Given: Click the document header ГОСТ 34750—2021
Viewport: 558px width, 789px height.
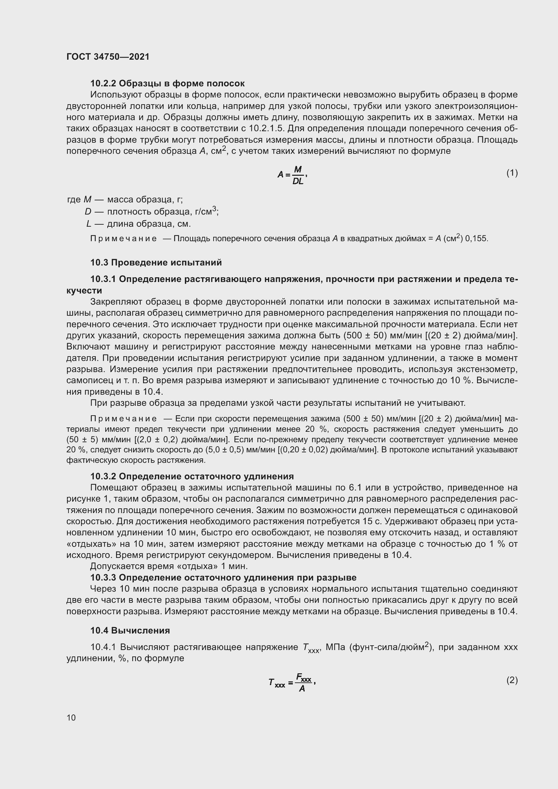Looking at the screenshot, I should (x=108, y=57).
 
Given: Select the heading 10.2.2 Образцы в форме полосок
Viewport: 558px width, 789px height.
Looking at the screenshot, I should (x=167, y=83).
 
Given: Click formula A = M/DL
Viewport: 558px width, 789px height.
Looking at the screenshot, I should (x=292, y=175).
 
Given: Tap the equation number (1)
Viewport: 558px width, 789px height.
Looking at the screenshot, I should (x=512, y=173).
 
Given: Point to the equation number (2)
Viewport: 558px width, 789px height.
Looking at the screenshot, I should (x=512, y=680).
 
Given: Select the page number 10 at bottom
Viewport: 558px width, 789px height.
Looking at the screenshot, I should (x=71, y=717).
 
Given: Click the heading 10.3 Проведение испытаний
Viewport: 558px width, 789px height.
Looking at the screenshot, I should (x=156, y=262).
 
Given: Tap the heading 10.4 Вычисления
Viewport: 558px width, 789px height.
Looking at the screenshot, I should (x=130, y=630).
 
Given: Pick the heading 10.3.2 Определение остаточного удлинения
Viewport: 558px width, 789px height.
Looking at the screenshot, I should (x=192, y=476).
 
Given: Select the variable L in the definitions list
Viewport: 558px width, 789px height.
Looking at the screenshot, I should (x=89, y=224).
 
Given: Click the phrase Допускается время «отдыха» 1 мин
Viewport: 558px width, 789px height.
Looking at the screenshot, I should (x=169, y=566).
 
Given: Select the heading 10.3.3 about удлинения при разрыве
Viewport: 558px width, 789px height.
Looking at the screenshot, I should (x=223, y=577).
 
